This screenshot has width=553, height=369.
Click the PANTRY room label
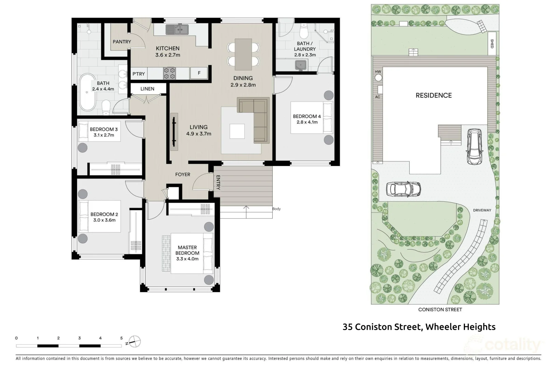122,42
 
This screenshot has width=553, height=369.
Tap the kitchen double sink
177,30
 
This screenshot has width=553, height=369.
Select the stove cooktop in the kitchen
170,73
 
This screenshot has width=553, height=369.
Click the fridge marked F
199,73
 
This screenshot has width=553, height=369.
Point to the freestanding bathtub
88,92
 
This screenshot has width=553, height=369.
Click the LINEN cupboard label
147,89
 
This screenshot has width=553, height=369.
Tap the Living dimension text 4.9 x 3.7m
199,134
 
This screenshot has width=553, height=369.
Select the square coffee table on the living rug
237,131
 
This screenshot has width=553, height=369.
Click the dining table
243,54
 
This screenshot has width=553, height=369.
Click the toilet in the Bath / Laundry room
303,31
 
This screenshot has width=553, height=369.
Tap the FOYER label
183,175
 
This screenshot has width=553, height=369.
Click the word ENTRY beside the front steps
218,182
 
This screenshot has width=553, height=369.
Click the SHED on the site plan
492,43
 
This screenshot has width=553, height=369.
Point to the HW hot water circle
378,78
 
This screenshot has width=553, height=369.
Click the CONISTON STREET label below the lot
440,310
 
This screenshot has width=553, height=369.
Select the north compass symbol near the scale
135,341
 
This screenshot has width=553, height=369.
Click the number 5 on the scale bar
122,338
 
